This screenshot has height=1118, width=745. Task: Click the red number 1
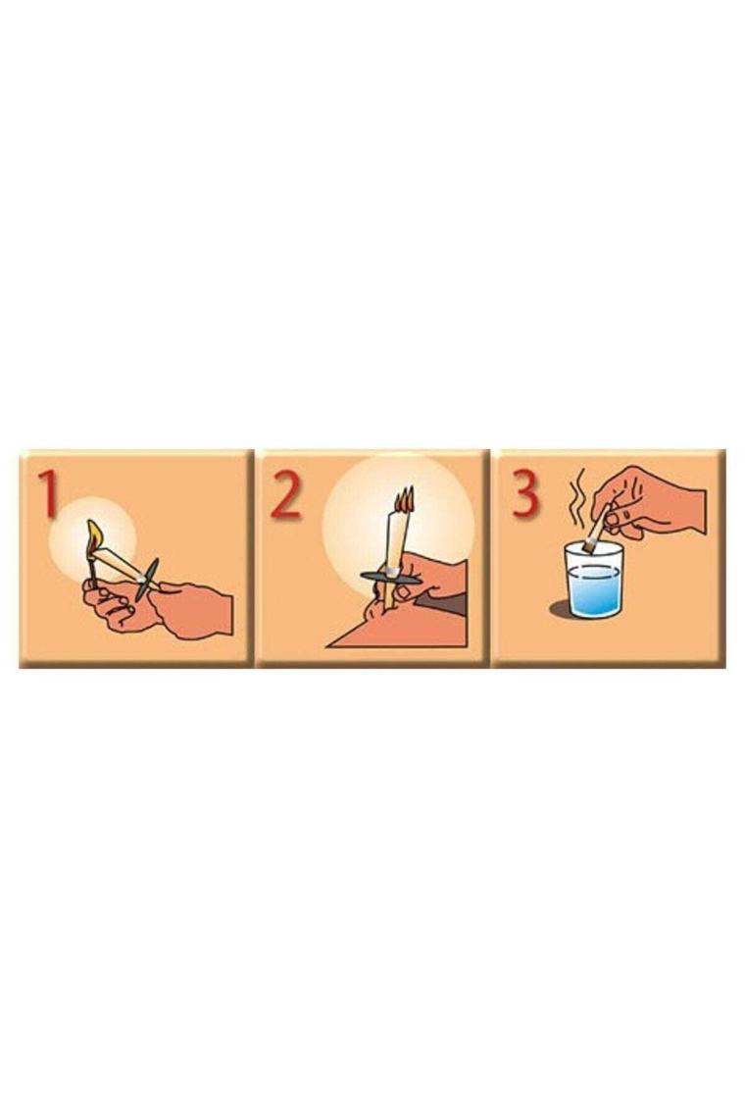click(48, 492)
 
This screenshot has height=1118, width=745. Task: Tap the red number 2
click(286, 492)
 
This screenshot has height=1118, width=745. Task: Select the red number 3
click(524, 492)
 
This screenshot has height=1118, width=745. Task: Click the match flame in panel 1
click(95, 535)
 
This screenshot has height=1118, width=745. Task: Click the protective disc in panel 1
click(148, 579)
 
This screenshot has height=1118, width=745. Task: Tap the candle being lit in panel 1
click(124, 567)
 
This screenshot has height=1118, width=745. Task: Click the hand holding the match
click(118, 605)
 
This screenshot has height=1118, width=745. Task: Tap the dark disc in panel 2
click(391, 576)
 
